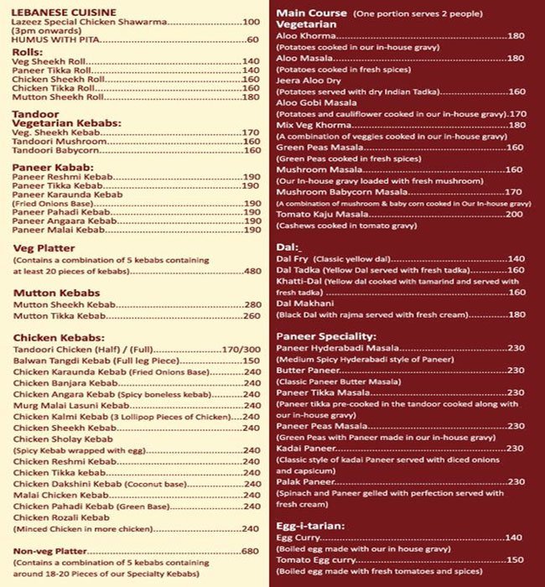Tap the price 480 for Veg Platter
[252, 271]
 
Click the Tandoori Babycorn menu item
[57, 152]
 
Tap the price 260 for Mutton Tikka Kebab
[252, 316]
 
